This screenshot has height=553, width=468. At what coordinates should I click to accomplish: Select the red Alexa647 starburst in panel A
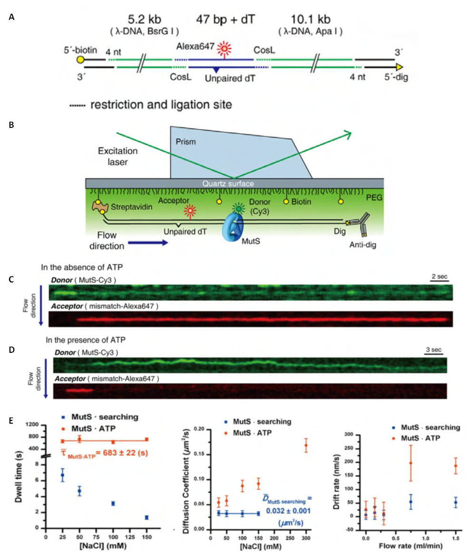tap(224, 48)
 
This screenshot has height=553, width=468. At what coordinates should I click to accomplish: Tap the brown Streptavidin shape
tap(100, 207)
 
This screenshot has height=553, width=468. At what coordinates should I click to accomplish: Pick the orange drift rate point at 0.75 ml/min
tap(410, 463)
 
